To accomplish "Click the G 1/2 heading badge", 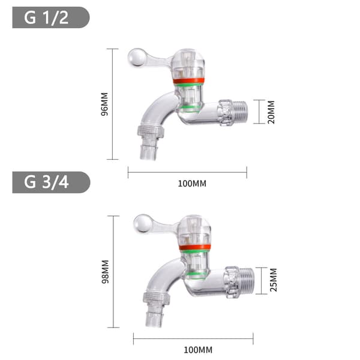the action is point(51,17).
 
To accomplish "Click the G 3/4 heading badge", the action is point(51,182).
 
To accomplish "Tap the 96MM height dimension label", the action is point(104,104).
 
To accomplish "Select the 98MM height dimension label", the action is point(105,272).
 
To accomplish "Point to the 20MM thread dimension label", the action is point(271,112).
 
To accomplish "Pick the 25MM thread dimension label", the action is point(273,280).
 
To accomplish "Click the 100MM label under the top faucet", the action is point(192,184).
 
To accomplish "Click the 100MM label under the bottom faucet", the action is point(198,350).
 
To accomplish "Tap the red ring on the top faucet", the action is point(189,81).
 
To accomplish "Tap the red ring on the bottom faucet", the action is point(195,247).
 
